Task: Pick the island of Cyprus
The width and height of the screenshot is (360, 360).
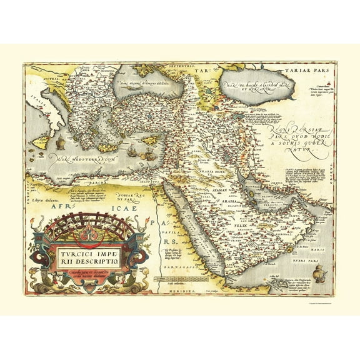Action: click(151, 140)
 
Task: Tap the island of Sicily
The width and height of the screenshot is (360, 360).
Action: click(41, 142)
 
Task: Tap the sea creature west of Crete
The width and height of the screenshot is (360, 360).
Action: click(60, 144)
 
